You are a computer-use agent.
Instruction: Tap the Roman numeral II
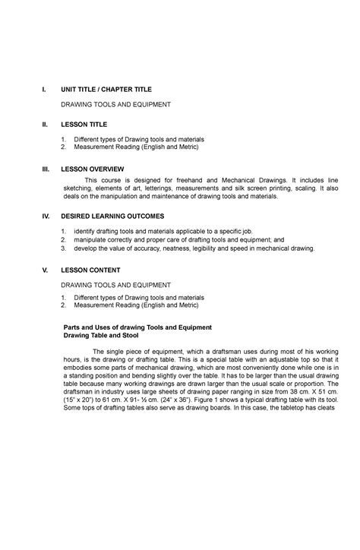coord(44,123)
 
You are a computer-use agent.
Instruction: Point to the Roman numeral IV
coord(45,216)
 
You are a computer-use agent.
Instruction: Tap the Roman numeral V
coord(44,270)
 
